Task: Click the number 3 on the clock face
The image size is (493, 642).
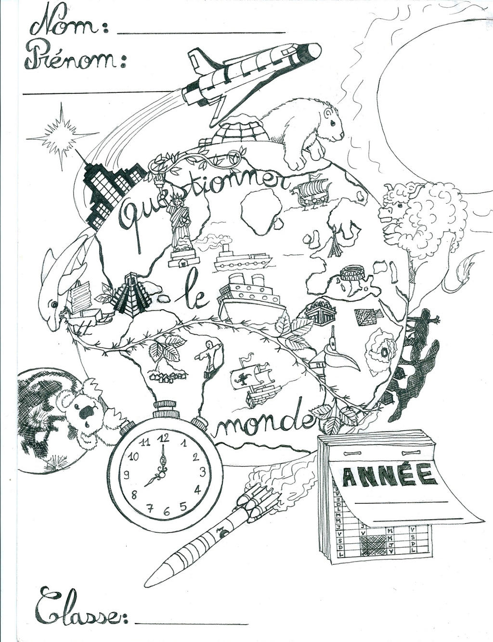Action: coord(203,472)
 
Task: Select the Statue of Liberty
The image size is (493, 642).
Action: coord(179,225)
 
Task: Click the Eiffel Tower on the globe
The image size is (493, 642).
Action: coord(335,242)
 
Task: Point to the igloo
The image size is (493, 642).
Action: coord(240,130)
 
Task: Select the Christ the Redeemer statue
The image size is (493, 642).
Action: coord(209,354)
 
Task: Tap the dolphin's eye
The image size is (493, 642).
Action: coord(54,304)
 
